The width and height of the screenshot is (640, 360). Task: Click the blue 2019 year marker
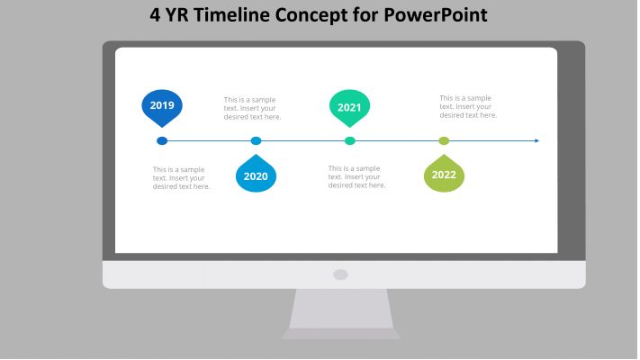[162, 106]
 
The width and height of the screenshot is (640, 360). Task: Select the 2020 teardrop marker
[256, 175]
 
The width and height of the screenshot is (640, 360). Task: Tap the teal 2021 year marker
[349, 107]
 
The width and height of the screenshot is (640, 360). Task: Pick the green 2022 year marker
[444, 175]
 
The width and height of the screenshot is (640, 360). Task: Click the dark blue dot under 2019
[162, 140]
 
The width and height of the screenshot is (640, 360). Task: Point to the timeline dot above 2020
[256, 140]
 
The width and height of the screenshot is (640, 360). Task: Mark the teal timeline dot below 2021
[350, 140]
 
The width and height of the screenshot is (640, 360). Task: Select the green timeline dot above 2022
[444, 140]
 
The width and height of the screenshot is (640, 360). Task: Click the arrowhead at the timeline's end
[536, 140]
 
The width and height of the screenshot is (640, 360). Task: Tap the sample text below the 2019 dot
[181, 177]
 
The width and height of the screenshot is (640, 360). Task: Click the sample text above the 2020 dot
[252, 108]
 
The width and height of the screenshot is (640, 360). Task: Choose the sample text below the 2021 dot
[356, 176]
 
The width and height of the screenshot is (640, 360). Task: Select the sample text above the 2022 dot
[468, 106]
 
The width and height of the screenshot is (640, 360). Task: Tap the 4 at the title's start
[155, 16]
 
